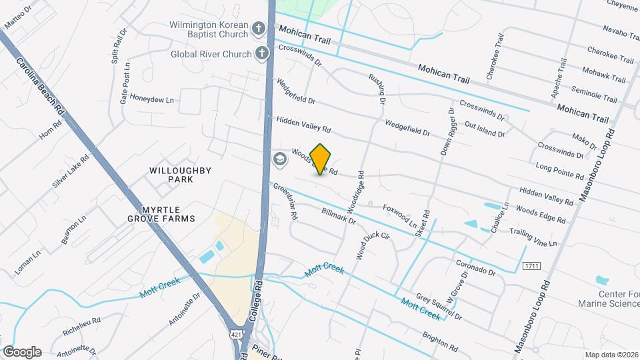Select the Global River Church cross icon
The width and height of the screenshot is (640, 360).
coord(263,53)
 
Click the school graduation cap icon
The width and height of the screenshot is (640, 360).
coord(279,159)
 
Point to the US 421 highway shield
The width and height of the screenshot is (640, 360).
coord(237,333)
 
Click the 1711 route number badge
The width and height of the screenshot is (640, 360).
coord(531,266)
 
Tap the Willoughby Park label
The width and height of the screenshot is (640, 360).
coord(171,175)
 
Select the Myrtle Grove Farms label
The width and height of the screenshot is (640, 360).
coord(162,213)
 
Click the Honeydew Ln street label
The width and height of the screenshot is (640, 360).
coord(151,100)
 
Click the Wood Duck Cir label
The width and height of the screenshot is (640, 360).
coord(373,245)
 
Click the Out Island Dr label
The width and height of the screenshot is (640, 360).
coord(485,129)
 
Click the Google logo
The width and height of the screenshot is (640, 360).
coord(22,352)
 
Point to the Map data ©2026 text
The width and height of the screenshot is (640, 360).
coord(611,355)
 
